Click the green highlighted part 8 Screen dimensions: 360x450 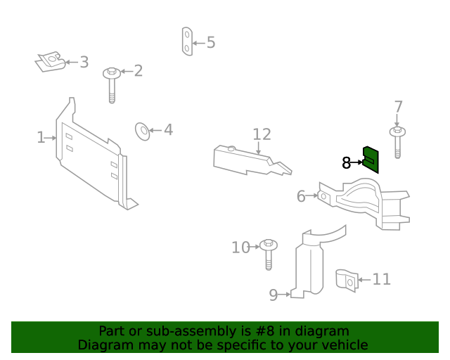click(371, 159)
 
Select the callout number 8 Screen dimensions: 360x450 click(346, 163)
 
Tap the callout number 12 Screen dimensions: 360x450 click(262, 134)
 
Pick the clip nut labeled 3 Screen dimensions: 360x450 click(50, 63)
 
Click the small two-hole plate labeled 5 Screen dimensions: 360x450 click(186, 41)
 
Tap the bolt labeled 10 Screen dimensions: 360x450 click(268, 253)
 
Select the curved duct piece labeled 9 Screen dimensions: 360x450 click(309, 264)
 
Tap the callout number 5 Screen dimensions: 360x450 click(211, 43)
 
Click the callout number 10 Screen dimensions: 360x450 click(240, 247)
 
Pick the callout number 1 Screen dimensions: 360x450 click(41, 138)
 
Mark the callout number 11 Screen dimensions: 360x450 click(381, 280)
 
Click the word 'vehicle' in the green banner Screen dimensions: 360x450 click(342, 345)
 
